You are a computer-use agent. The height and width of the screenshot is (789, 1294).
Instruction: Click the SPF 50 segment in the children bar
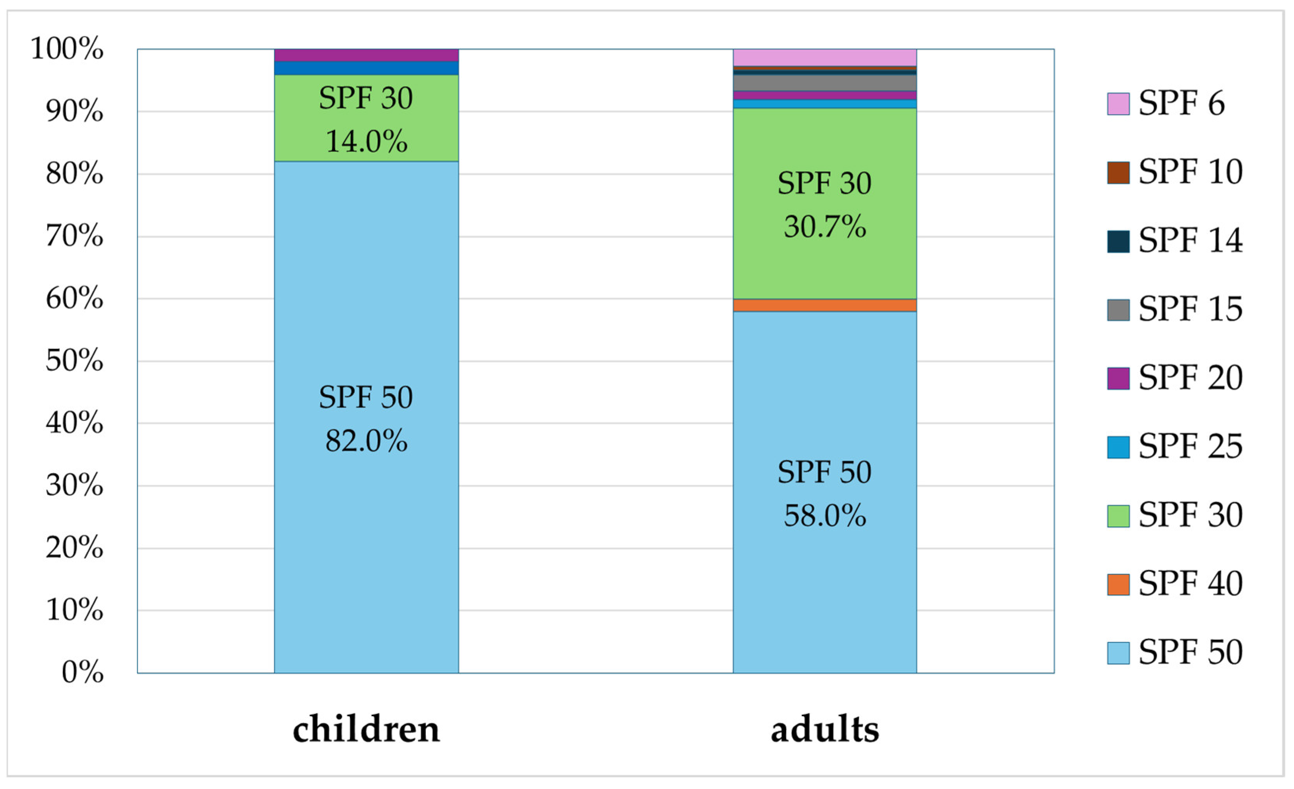tap(366, 525)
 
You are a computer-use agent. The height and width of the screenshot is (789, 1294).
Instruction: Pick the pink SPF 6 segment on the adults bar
tap(824, 57)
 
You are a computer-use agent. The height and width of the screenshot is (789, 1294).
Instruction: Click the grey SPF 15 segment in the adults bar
tap(824, 83)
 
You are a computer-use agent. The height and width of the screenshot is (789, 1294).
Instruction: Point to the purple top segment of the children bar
tap(366, 55)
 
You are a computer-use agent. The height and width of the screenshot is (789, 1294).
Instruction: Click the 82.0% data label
tap(366, 441)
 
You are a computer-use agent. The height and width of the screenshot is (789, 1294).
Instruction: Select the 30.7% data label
tap(824, 227)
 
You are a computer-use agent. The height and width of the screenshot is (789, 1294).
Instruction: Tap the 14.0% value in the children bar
tap(366, 142)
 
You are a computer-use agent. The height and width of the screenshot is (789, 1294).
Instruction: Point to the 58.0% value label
tap(824, 515)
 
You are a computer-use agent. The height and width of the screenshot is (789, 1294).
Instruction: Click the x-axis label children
tap(366, 730)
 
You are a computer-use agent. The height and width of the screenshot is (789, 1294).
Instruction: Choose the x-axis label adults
tap(824, 730)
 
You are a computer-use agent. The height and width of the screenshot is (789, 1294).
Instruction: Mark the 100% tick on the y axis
tap(67, 49)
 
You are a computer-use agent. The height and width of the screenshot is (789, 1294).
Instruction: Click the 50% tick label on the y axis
tap(74, 361)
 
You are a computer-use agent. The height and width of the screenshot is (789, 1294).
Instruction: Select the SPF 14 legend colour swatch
tap(1118, 242)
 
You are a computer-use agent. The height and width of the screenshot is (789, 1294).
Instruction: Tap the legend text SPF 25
tap(1190, 446)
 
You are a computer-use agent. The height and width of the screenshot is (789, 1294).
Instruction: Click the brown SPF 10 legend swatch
tap(1118, 173)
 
